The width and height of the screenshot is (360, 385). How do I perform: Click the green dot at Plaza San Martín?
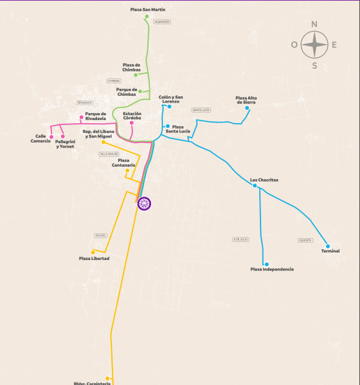(147, 17)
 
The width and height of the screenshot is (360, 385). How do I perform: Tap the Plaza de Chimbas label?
(131, 68)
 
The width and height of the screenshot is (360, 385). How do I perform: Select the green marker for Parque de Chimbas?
(141, 91)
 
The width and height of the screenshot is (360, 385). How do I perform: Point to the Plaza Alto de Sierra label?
(246, 100)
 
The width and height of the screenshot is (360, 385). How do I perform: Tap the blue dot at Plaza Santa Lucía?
(168, 126)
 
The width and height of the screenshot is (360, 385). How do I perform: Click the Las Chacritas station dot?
(255, 185)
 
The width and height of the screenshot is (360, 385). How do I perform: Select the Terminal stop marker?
(328, 246)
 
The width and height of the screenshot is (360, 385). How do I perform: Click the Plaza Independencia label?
(272, 269)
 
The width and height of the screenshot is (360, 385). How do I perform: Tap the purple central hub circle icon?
(144, 203)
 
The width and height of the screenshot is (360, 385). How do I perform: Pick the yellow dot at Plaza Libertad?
(93, 252)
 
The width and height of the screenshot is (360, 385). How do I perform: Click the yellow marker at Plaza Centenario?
(127, 170)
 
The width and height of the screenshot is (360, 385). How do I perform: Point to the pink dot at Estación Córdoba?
(132, 123)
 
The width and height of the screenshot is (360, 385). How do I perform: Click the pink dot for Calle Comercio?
(52, 136)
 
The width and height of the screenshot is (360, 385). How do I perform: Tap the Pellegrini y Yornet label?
(65, 144)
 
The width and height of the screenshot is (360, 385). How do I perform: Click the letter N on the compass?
(315, 24)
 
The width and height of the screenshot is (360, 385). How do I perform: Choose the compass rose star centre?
(315, 44)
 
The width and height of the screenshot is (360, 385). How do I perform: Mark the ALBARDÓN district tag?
(162, 22)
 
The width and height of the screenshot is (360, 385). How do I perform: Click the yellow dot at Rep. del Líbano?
(103, 142)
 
